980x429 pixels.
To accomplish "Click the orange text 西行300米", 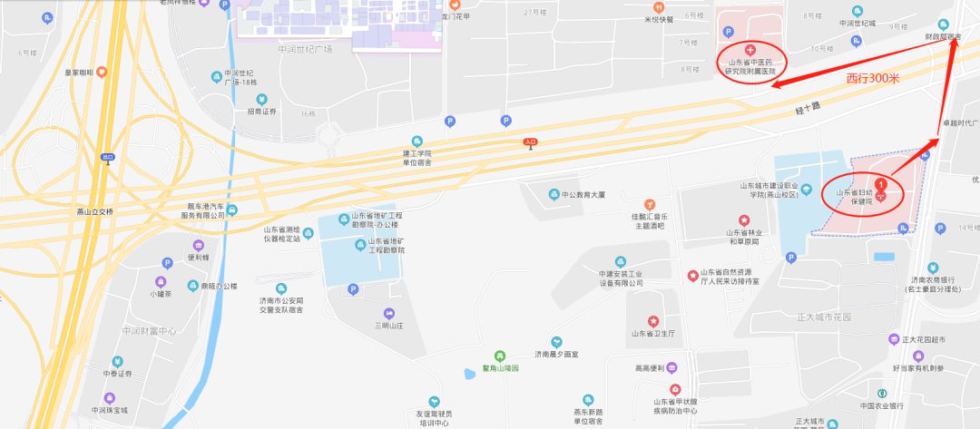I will [x=872, y=79].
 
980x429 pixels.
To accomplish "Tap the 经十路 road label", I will [x=804, y=108].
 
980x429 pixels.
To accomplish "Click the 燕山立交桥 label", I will [x=95, y=212].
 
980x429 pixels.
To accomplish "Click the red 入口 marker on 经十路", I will [x=532, y=141].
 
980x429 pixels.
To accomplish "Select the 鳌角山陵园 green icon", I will [x=498, y=355].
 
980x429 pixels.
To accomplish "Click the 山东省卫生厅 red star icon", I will [x=652, y=321].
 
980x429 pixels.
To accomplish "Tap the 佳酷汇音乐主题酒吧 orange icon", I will [x=649, y=204].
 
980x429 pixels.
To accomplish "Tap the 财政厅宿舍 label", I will [x=944, y=37].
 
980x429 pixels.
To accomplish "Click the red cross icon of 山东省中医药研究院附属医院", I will [x=750, y=48].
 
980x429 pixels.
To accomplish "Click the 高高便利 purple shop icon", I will [x=672, y=367].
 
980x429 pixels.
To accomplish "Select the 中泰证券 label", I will [x=116, y=374].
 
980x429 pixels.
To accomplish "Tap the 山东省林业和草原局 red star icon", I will [x=743, y=219].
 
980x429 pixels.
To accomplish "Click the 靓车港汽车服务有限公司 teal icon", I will [x=232, y=210].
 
